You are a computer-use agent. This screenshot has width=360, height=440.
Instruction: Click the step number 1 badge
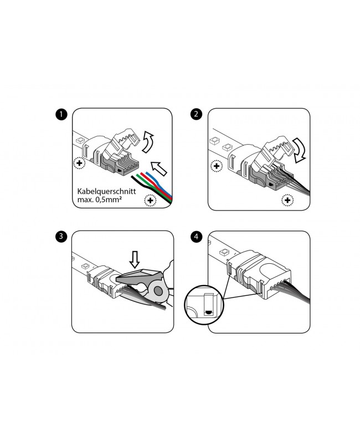[x=61, y=115]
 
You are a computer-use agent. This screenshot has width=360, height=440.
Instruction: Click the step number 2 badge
[x=196, y=115]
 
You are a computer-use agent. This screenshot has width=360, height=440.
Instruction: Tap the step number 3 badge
[x=61, y=237]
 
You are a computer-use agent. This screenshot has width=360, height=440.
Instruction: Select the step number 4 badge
[x=196, y=237]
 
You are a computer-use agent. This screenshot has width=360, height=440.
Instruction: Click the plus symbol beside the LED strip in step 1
[x=80, y=165]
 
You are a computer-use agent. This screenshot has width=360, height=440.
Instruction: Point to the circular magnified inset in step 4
[x=204, y=304]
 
